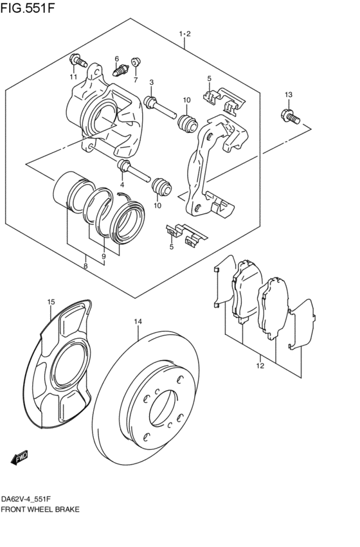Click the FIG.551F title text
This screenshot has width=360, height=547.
pos(28,7)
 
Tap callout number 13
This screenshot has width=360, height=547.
pos(289,94)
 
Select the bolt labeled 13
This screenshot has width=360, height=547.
pos(290,116)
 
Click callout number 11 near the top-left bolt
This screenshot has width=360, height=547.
pos(73,77)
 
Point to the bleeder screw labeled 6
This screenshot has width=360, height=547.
pos(121,71)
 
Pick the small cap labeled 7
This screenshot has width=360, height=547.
pos(136,62)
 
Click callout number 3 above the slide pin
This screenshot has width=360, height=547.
pos(152,82)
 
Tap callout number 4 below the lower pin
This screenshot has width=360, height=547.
pos(122,184)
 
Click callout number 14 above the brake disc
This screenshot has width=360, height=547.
pos(138,321)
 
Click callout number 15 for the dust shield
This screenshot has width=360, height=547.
pos(51,302)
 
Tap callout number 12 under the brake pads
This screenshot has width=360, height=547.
pos(260,366)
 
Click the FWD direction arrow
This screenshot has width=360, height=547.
pos(19,458)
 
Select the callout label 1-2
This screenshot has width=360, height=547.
pos(185,34)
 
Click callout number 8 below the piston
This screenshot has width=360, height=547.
pos(85,266)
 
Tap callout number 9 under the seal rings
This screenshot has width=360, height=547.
pos(104,256)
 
